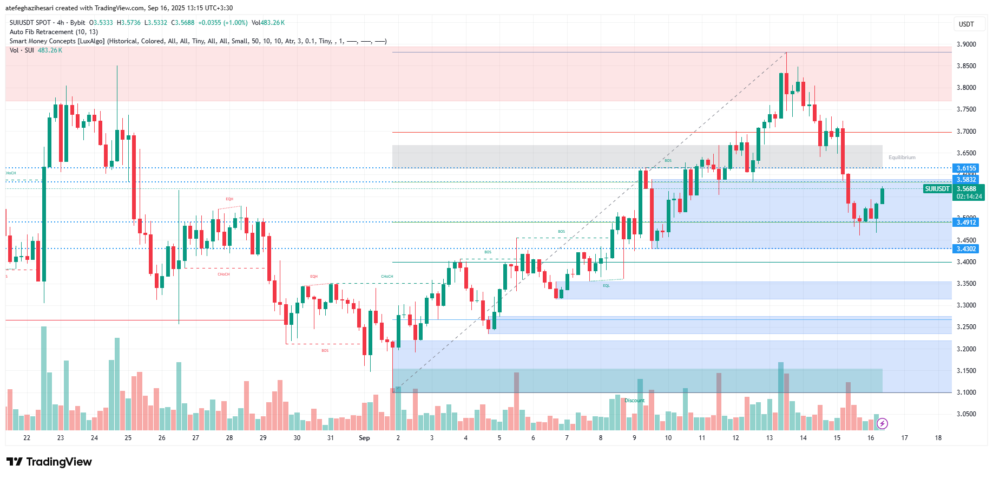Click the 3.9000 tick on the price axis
coord(966,44)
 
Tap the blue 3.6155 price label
coord(966,168)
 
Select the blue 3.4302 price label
coord(966,249)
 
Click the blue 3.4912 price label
coord(966,222)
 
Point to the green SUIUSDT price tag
coord(937,189)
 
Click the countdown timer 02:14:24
coord(969,197)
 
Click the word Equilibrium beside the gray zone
coord(902,158)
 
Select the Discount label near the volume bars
coord(635,401)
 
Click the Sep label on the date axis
coord(364,438)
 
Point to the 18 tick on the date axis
coord(938,438)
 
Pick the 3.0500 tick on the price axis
coord(966,414)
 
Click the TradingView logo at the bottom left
coord(49,462)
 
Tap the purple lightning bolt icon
coord(882,423)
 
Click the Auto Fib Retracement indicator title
coord(54,32)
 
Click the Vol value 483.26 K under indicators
coord(50,50)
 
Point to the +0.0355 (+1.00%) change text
coord(222,23)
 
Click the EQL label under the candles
coord(606,286)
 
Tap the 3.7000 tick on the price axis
coord(966,132)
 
